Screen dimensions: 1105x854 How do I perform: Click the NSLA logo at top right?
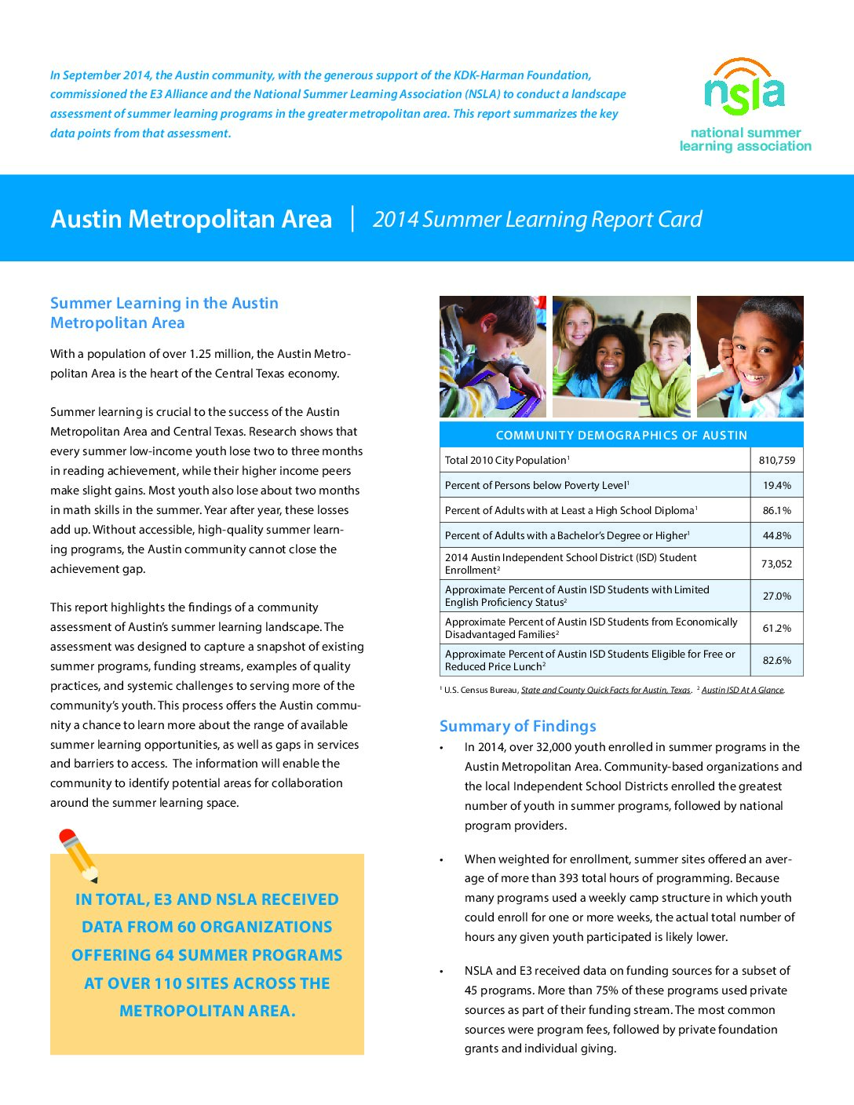(744, 102)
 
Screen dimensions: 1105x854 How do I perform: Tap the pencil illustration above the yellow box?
(78, 855)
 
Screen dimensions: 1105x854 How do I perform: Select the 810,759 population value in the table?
(776, 461)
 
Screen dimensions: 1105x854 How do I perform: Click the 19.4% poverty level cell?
(776, 486)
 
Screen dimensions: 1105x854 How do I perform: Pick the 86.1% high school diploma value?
(776, 511)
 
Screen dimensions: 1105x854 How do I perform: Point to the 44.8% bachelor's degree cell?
(776, 536)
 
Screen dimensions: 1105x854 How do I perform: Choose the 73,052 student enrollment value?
(776, 563)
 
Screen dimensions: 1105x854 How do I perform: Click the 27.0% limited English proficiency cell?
(776, 596)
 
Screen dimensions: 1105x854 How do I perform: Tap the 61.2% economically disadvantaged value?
(776, 629)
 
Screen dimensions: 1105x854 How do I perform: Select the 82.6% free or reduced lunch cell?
(776, 661)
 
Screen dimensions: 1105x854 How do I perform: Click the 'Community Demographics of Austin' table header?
(621, 435)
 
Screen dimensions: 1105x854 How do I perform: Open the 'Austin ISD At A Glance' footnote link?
(743, 691)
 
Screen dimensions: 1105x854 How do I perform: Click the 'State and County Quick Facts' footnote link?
(605, 691)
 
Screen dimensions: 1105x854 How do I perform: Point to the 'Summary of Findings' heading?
(517, 726)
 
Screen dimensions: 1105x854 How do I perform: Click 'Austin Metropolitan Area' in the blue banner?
(192, 219)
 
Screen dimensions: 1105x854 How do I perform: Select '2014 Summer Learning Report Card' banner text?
(537, 219)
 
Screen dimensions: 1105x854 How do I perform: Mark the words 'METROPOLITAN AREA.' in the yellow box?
(207, 1011)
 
